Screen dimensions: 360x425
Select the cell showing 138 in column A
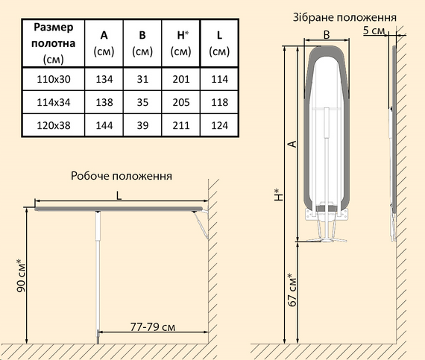click(103, 101)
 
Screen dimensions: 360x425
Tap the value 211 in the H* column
click(180, 124)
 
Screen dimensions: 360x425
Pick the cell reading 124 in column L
click(218, 124)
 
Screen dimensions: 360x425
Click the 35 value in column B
click(142, 101)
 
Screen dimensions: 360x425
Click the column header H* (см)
click(180, 42)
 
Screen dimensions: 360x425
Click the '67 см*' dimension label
click(292, 290)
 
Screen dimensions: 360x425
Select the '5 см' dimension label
click(374, 31)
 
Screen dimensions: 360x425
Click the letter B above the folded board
click(327, 34)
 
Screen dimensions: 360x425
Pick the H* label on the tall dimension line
click(278, 195)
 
